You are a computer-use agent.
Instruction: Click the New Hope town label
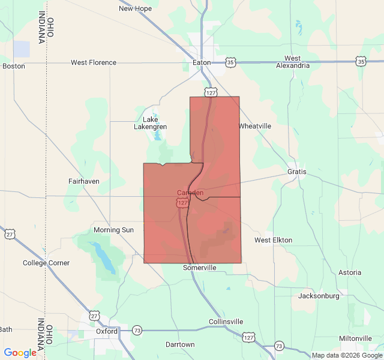pos(135,8)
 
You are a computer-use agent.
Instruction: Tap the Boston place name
pos(14,66)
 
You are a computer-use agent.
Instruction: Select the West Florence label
pos(94,62)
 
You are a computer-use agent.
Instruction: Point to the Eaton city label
pos(201,62)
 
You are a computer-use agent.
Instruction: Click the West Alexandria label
pos(293,62)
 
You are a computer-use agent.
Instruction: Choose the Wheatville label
pos(255,126)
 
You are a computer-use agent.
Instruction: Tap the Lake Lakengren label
pos(150,123)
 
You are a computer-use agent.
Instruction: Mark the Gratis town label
pos(297,172)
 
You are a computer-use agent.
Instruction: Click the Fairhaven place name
pos(84,181)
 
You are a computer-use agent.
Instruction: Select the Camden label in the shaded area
pos(190,193)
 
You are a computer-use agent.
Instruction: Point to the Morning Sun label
pos(114,230)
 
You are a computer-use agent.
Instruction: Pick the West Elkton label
pos(273,240)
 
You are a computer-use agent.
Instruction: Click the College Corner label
pos(46,263)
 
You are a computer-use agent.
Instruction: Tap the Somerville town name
pos(200,268)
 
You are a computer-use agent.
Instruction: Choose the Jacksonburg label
pos(319,296)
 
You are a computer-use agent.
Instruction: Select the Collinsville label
pos(226,322)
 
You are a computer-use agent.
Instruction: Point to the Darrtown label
pos(180,344)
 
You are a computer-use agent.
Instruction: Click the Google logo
pos(20,353)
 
